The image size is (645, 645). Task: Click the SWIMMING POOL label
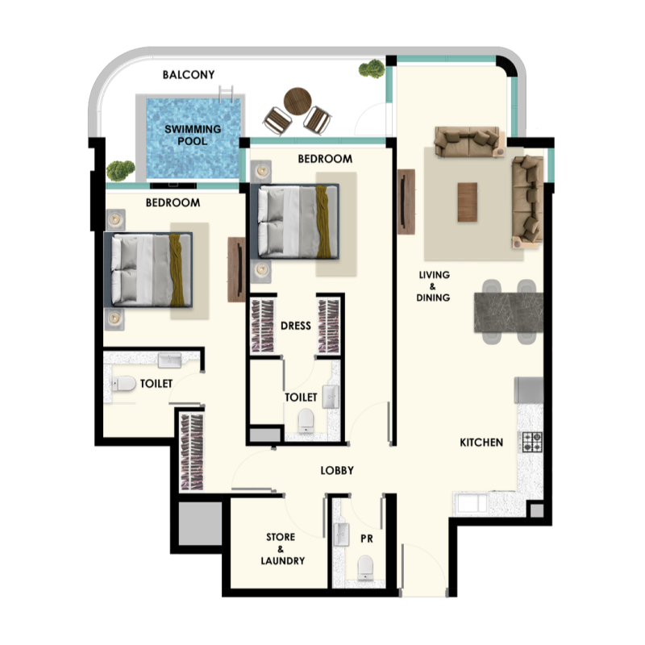pos(193,135)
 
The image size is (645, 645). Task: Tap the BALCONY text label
pos(189,75)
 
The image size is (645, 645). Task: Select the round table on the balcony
pos(296,100)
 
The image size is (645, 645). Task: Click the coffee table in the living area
pos(468,202)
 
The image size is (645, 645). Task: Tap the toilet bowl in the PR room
pos(365,567)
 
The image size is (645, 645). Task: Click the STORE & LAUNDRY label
pos(281,549)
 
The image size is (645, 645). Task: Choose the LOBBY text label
pos(337,470)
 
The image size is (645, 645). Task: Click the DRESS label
pos(296,327)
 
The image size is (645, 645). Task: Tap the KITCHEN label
pos(481,443)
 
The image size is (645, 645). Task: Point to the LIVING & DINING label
pos(434,286)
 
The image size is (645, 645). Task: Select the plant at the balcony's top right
pos(372,69)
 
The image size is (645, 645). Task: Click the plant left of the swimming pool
pos(120,170)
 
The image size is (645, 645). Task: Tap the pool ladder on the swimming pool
pos(231,93)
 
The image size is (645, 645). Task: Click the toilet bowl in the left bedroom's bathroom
pos(123,384)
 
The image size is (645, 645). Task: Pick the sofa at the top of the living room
pos(468,140)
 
